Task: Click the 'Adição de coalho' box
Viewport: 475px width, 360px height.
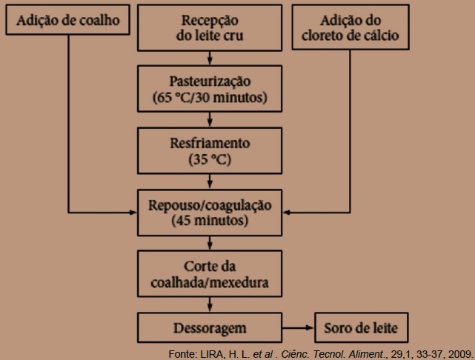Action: click(68, 20)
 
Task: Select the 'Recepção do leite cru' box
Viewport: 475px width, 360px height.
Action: click(210, 27)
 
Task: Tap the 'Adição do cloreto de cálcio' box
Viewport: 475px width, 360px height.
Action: click(351, 27)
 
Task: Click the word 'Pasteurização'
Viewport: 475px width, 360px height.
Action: click(210, 81)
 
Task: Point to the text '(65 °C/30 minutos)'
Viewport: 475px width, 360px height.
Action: click(210, 98)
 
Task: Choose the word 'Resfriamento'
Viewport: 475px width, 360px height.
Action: click(210, 143)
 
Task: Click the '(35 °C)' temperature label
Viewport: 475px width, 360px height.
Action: click(210, 159)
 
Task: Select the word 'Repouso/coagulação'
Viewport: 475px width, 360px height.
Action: click(210, 205)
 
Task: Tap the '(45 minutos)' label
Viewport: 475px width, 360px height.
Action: click(210, 221)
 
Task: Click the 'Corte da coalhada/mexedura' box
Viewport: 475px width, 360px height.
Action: click(210, 273)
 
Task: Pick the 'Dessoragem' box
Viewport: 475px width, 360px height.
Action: click(210, 327)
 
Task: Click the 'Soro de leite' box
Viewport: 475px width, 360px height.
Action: click(362, 327)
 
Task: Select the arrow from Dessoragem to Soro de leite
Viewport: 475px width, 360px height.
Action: click(298, 327)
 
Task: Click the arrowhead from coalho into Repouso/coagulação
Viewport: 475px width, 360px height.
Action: click(133, 213)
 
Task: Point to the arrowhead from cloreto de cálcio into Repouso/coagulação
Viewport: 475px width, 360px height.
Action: click(286, 213)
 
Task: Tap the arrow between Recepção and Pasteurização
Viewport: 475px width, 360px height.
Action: click(210, 58)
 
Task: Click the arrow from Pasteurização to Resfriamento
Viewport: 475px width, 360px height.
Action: click(210, 119)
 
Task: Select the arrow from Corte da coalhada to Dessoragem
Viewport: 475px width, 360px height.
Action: click(210, 304)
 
